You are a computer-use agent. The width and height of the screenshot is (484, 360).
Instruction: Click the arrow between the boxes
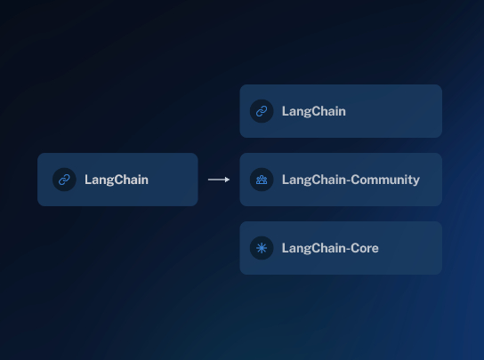219,180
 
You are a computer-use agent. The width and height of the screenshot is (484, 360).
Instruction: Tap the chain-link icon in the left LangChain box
64,180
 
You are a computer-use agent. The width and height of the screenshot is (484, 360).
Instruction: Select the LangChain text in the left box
117,180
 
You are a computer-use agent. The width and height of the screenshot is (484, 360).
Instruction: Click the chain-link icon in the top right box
262,111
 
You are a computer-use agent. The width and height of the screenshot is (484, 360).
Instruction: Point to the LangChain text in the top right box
313,111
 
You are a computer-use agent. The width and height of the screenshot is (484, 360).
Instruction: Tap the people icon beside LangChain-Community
262,180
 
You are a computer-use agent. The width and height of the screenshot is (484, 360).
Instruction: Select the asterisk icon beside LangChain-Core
262,248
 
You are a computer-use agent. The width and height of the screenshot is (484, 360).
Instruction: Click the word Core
365,248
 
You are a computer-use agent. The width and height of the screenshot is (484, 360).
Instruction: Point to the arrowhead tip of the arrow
230,180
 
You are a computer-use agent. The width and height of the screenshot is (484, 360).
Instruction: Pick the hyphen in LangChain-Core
348,249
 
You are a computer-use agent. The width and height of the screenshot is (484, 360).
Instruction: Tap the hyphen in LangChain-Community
348,180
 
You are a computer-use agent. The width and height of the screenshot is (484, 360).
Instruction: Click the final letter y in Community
416,181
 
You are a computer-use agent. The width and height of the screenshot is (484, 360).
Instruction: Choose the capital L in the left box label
88,180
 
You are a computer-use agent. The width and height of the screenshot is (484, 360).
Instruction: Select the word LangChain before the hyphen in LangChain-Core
313,248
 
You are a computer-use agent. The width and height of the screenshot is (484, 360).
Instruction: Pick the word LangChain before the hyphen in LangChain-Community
313,180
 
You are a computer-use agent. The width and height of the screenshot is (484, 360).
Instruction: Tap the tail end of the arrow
208,180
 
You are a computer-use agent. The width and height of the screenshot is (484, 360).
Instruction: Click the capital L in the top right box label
286,111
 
